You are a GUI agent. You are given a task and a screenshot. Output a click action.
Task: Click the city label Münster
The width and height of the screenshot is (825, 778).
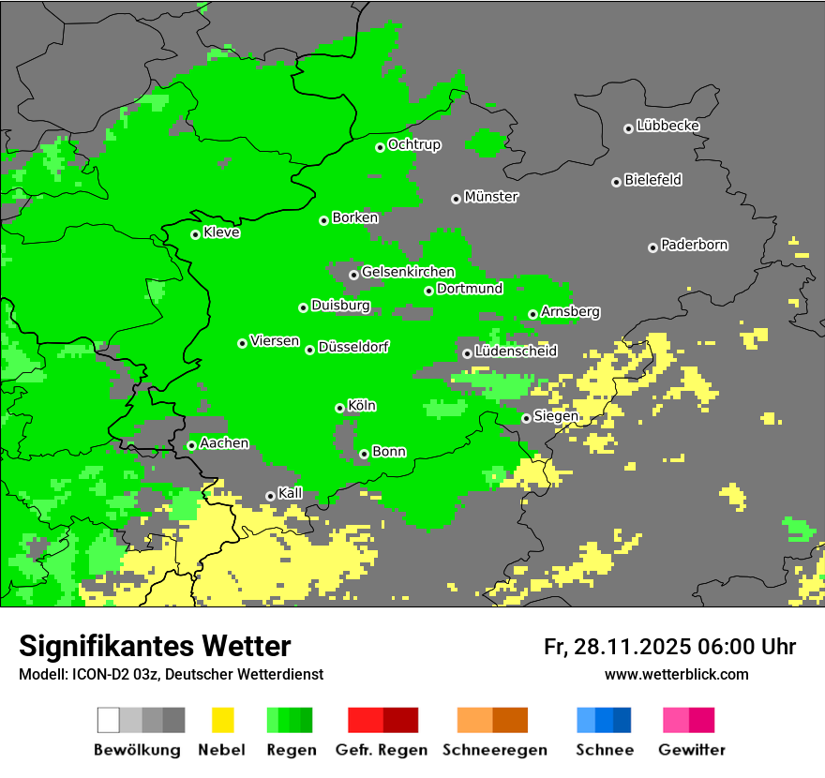(x=491, y=197)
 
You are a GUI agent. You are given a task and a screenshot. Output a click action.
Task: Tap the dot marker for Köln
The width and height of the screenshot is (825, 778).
(x=339, y=408)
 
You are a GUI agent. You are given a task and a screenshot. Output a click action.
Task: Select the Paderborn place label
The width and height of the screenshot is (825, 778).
(x=695, y=245)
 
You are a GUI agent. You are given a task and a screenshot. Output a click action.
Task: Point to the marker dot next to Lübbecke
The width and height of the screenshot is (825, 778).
(x=628, y=128)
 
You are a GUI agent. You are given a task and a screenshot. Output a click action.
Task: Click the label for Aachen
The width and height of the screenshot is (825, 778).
(x=224, y=443)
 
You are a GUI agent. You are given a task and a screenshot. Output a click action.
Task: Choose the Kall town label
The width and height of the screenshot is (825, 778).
(x=291, y=493)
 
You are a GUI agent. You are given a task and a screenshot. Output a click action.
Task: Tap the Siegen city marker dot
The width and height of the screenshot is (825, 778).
(x=526, y=418)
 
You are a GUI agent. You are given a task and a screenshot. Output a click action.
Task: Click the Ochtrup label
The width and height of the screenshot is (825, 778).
(x=414, y=144)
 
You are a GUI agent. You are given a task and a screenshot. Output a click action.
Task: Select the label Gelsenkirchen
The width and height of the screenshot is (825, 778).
(x=408, y=272)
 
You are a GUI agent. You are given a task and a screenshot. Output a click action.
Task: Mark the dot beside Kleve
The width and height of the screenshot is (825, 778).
(x=195, y=234)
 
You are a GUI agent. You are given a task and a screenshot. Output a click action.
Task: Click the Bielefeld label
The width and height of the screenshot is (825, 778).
(x=653, y=180)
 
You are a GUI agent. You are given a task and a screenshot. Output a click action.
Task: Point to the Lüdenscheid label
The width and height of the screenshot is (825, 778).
(x=516, y=352)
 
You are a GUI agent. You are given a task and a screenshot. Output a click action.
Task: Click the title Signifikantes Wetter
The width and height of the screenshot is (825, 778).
(x=155, y=646)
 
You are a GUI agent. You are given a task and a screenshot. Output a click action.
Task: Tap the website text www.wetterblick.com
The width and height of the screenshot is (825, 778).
(x=676, y=674)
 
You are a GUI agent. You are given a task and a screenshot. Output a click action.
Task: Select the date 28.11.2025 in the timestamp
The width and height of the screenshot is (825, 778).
(x=632, y=647)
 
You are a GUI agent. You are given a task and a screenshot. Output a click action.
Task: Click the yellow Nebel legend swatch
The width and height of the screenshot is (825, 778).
(x=222, y=720)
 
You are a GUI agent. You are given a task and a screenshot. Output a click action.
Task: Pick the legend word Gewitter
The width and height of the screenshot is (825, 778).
(x=691, y=750)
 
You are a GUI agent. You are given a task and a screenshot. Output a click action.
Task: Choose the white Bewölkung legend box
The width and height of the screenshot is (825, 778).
(x=109, y=720)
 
